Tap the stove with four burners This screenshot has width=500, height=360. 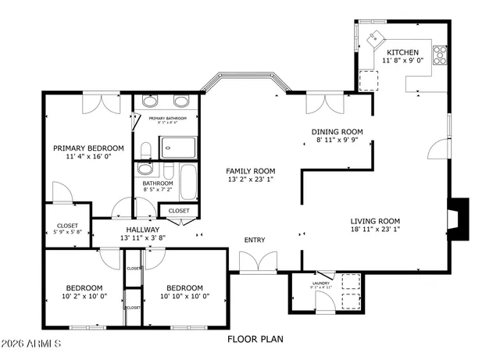click(440, 55)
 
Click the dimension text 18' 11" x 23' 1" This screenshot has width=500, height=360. click(375, 230)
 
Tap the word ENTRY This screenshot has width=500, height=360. click(255, 240)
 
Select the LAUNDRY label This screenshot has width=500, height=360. click(320, 283)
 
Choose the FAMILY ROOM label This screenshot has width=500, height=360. click(251, 171)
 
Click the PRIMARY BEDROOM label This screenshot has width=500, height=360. click(88, 148)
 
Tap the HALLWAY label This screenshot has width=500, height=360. click(137, 229)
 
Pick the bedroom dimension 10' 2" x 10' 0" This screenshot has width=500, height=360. click(84, 297)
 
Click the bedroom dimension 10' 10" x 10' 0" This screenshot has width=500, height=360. click(184, 297)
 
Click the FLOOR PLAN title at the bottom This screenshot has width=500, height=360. click(255, 339)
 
